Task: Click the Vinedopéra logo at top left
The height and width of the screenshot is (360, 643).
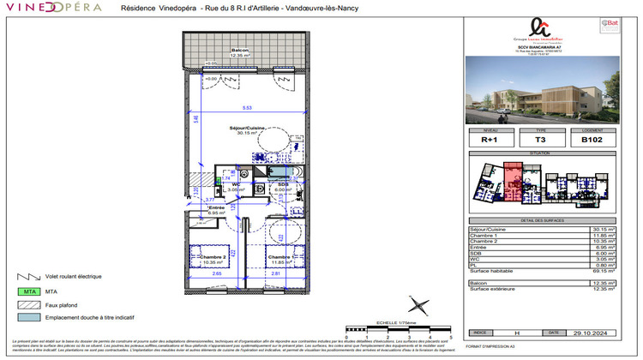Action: coord(51,7)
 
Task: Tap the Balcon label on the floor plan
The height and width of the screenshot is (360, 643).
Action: coord(240,51)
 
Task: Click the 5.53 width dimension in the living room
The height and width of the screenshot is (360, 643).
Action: coord(246,107)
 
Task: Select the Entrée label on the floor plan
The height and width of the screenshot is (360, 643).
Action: coord(215,208)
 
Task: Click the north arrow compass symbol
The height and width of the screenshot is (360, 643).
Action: coord(418,305)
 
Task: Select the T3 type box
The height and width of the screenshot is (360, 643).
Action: coord(540,140)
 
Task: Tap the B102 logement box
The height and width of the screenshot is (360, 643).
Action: coord(591,140)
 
